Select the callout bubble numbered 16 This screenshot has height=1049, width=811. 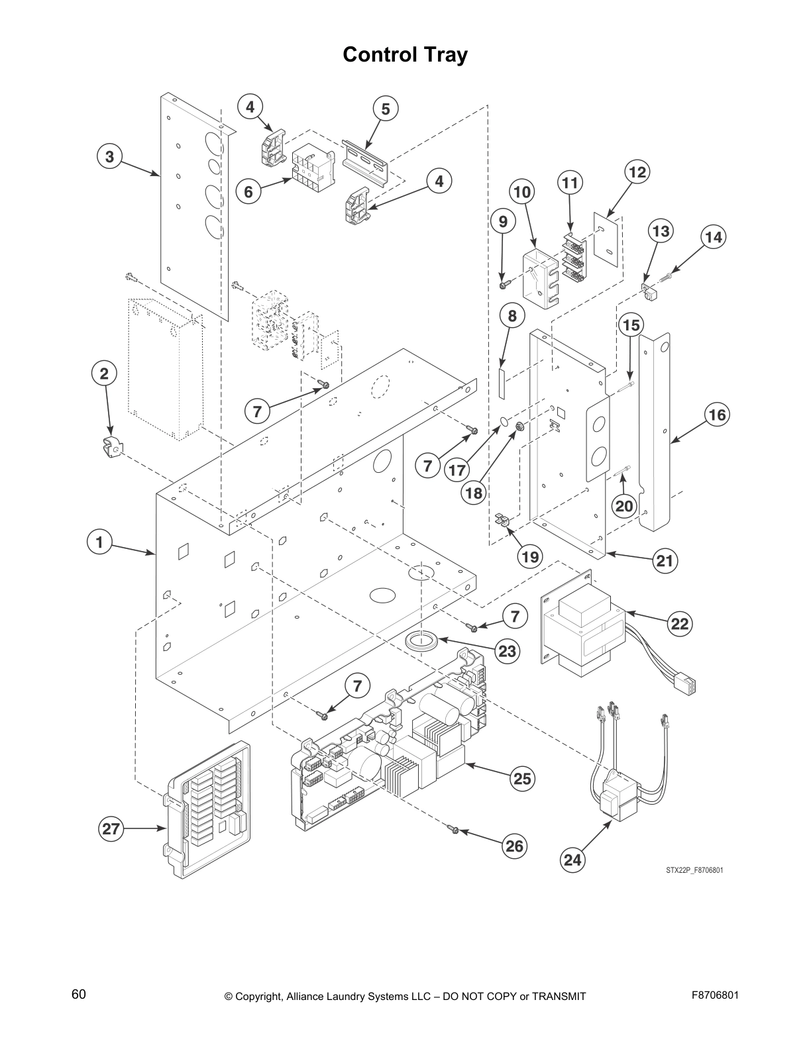coord(716,415)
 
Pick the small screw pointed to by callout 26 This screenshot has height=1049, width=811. coord(454,828)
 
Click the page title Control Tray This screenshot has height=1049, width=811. coord(405,55)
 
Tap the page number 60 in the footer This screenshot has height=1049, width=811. coord(79,994)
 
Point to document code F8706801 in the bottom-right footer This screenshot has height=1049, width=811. coord(715,995)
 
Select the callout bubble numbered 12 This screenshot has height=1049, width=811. coord(637,172)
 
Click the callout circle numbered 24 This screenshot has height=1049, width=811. coord(572,860)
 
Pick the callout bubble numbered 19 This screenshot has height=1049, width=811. coord(530,556)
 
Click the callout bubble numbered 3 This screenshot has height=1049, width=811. coord(109,157)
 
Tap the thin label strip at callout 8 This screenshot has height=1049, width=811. coord(502,383)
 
